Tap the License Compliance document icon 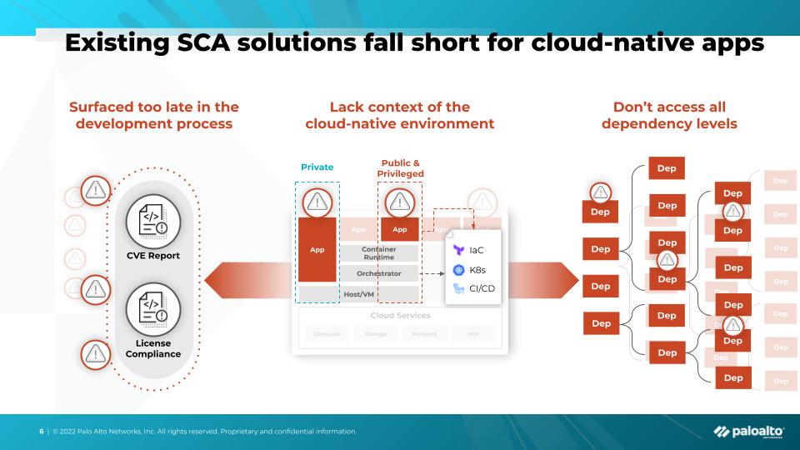(152, 311)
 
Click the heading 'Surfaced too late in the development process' (153, 115)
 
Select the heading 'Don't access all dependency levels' (669, 115)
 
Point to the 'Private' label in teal (317, 167)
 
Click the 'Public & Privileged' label (400, 167)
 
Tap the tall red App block (317, 249)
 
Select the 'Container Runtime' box (378, 253)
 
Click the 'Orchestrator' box (378, 273)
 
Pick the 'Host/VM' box (359, 294)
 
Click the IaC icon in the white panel (458, 249)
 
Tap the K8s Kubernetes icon (458, 269)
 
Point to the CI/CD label (482, 288)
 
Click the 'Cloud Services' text (401, 316)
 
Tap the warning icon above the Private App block (317, 201)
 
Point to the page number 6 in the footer (41, 431)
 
